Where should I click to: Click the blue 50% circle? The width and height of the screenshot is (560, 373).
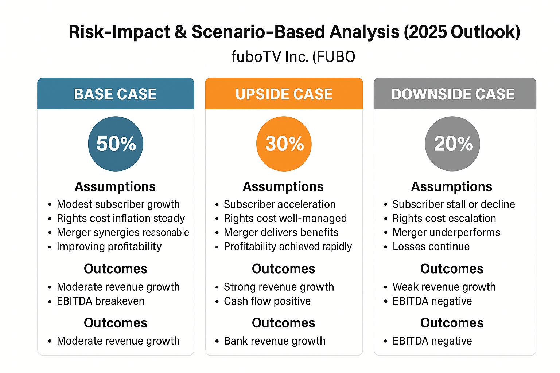pyautogui.click(x=116, y=144)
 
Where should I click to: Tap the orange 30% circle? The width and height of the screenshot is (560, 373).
pyautogui.click(x=284, y=144)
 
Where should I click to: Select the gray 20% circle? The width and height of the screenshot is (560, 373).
pyautogui.click(x=452, y=144)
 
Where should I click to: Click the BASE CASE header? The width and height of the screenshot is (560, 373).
pyautogui.click(x=116, y=94)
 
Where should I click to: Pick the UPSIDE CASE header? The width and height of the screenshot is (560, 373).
pyautogui.click(x=284, y=94)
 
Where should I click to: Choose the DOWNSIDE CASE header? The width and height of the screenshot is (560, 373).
pyautogui.click(x=453, y=94)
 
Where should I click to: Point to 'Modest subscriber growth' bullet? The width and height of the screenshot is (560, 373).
pyautogui.click(x=118, y=204)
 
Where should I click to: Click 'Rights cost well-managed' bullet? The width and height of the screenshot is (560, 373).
pyautogui.click(x=285, y=219)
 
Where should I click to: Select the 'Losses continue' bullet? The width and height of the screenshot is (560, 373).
pyautogui.click(x=431, y=247)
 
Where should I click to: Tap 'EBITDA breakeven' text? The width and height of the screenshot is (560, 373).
pyautogui.click(x=101, y=301)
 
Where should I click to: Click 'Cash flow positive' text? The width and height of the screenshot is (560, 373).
pyautogui.click(x=267, y=301)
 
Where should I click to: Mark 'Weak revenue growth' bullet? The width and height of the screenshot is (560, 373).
pyautogui.click(x=444, y=287)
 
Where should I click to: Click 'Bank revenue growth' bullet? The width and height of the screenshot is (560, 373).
pyautogui.click(x=275, y=341)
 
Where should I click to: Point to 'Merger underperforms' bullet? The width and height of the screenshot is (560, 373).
pyautogui.click(x=446, y=232)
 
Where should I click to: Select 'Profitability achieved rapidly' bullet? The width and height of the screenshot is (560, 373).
pyautogui.click(x=288, y=247)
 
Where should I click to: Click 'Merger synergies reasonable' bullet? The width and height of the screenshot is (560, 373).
pyautogui.click(x=123, y=232)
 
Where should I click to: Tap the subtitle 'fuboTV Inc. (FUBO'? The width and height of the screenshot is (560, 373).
pyautogui.click(x=293, y=57)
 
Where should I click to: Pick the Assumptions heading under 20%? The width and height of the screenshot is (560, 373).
pyautogui.click(x=451, y=187)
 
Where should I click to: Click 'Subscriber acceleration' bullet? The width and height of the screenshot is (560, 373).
pyautogui.click(x=280, y=204)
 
